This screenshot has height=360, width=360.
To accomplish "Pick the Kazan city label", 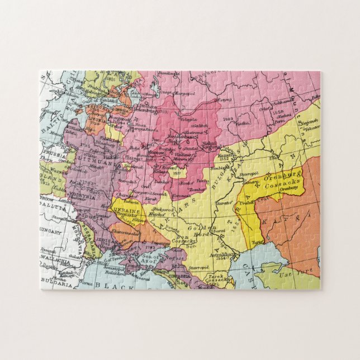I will (225, 153).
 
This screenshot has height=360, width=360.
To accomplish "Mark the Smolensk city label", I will (134, 167).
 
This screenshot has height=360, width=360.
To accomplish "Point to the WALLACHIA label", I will (56, 259).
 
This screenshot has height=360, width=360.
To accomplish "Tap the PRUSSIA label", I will (53, 156).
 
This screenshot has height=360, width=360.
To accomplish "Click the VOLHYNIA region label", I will (84, 196).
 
